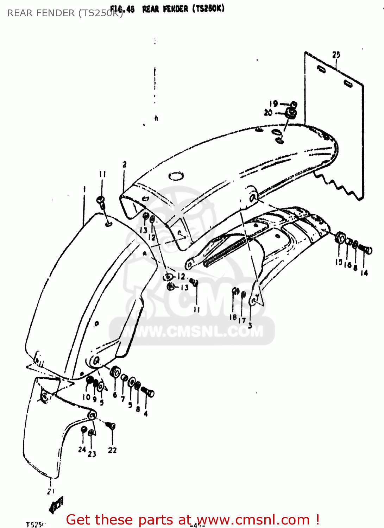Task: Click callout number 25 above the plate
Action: (336, 55)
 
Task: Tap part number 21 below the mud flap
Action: (51, 491)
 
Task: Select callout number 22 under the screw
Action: (112, 450)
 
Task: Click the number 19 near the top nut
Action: (273, 103)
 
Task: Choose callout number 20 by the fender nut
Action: (268, 113)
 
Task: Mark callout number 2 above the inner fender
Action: (124, 164)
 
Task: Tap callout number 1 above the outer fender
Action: (84, 189)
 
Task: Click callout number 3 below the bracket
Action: (250, 325)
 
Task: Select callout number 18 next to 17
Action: (233, 317)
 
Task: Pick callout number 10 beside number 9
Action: (86, 397)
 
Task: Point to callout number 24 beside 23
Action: (82, 450)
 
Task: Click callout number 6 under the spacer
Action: (115, 395)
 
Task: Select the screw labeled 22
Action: (111, 426)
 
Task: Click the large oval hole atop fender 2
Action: (176, 175)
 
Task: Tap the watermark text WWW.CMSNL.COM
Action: (192, 331)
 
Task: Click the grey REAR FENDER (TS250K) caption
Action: (65, 13)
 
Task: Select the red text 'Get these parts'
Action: (128, 520)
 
